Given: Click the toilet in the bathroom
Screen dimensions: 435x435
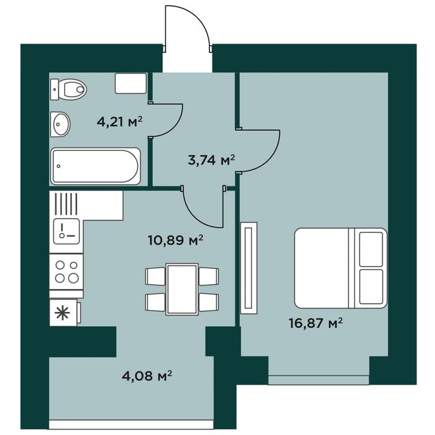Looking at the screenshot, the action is pyautogui.click(x=68, y=89).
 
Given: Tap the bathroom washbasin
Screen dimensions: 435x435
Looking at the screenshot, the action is pyautogui.click(x=60, y=124).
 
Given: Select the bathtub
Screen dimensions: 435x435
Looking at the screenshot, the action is pyautogui.click(x=96, y=166).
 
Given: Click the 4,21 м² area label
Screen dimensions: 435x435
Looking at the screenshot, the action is pyautogui.click(x=119, y=122).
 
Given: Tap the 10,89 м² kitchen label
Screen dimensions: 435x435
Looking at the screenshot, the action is pyautogui.click(x=176, y=240).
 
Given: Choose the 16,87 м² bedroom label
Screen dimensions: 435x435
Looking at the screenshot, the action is pyautogui.click(x=316, y=323).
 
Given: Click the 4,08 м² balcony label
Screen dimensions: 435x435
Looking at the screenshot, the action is pyautogui.click(x=147, y=376).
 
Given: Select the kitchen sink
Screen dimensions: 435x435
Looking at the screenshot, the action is pyautogui.click(x=66, y=231).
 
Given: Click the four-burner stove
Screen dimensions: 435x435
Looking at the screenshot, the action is pyautogui.click(x=66, y=272).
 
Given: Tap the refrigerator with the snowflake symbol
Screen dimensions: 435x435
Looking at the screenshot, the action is pyautogui.click(x=65, y=313).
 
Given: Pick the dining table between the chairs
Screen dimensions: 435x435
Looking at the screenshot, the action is pyautogui.click(x=181, y=290).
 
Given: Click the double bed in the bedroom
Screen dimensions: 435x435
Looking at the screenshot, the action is pyautogui.click(x=341, y=268).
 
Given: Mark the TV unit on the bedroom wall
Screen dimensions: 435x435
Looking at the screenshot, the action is pyautogui.click(x=249, y=268).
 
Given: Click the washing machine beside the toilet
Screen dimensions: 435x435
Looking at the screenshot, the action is pyautogui.click(x=130, y=83).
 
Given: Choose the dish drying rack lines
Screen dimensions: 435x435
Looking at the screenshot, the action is pyautogui.click(x=66, y=204).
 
